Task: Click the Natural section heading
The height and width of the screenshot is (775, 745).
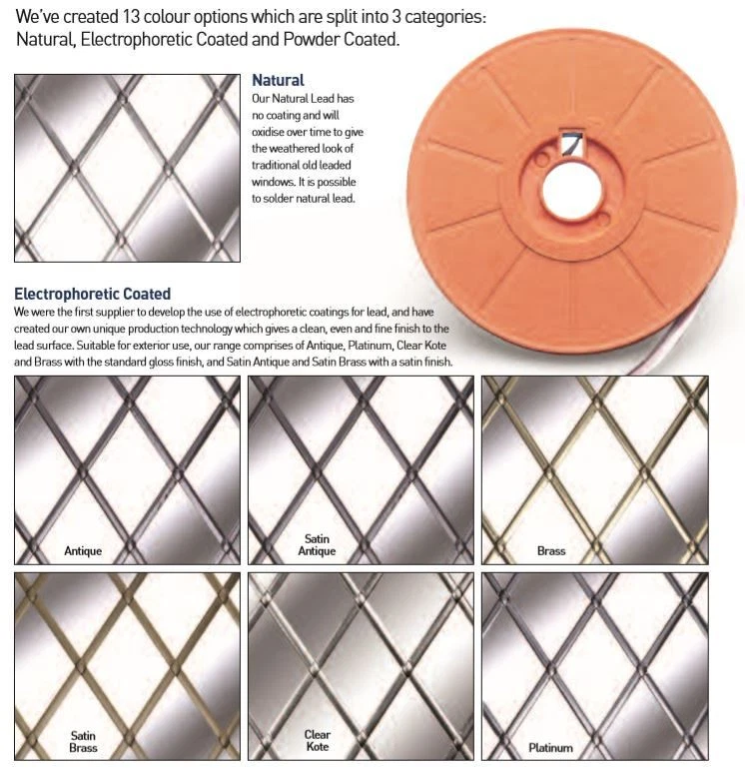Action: [278, 80]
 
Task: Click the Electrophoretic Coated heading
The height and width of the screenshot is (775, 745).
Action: [93, 294]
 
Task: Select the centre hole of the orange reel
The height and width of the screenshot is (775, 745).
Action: [572, 191]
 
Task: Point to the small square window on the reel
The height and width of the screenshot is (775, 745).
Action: [572, 144]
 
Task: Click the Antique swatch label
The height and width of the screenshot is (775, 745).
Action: [83, 550]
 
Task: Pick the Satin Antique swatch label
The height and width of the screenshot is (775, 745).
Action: [317, 544]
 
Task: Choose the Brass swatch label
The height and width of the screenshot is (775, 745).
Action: [551, 550]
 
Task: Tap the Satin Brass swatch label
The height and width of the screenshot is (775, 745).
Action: [83, 741]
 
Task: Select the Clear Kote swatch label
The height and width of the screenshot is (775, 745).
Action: [317, 740]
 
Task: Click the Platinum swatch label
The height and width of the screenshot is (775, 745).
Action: [550, 748]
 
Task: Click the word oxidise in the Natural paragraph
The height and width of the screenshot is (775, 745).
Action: [270, 132]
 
